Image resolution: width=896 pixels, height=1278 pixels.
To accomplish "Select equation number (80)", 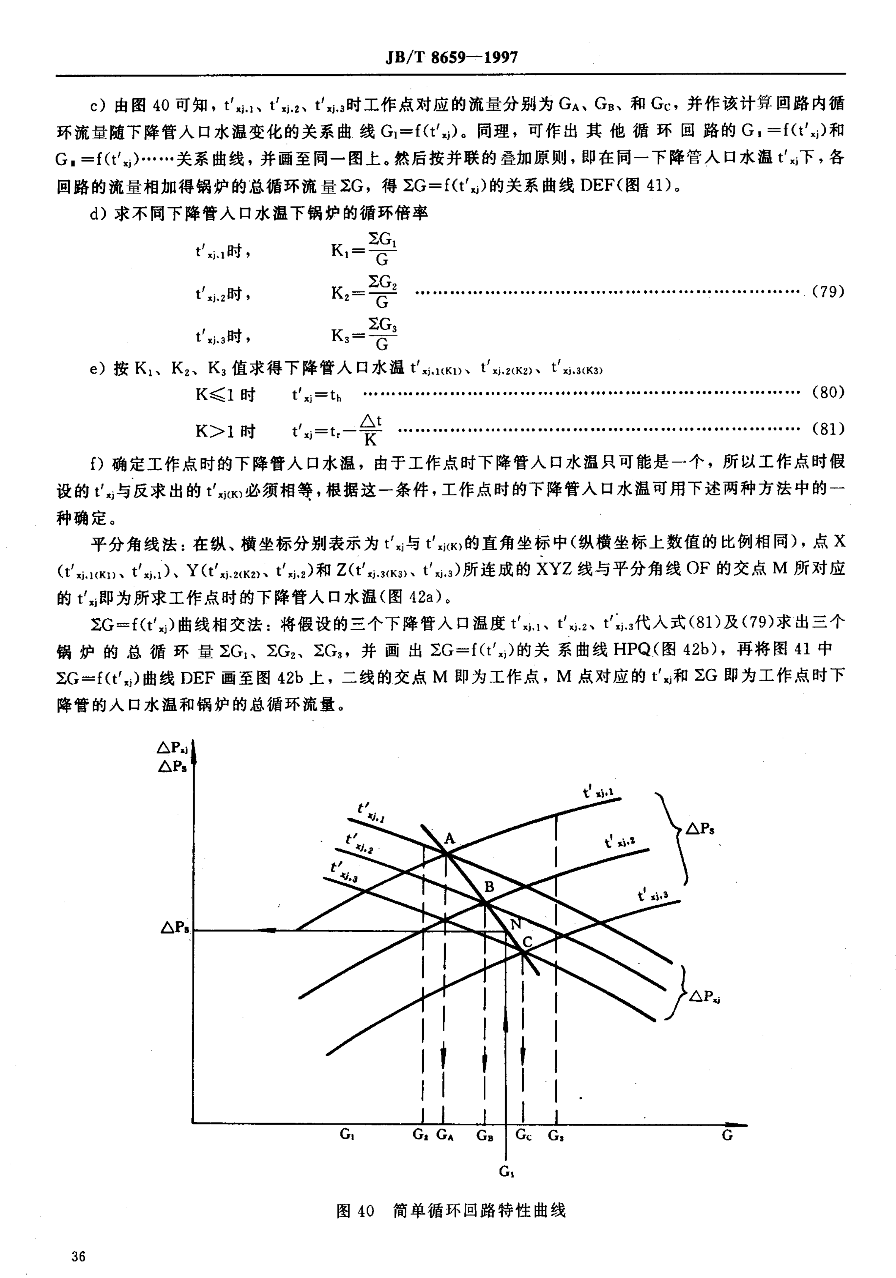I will click(828, 392).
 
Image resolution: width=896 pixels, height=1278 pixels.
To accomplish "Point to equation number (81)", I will click(828, 429).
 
